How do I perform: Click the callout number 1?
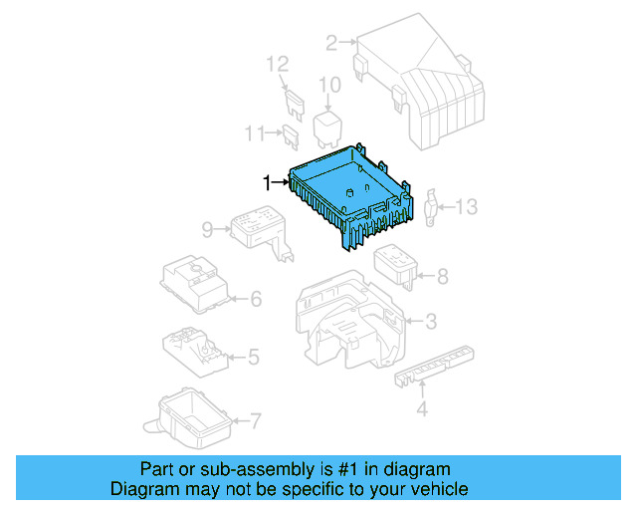point(266,182)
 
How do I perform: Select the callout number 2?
point(330,42)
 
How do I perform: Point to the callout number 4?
point(421,408)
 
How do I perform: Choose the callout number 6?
point(255,298)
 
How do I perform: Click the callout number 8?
point(442,276)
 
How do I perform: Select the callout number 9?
point(207,230)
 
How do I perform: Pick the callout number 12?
point(277,65)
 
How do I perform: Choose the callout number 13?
point(467,207)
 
